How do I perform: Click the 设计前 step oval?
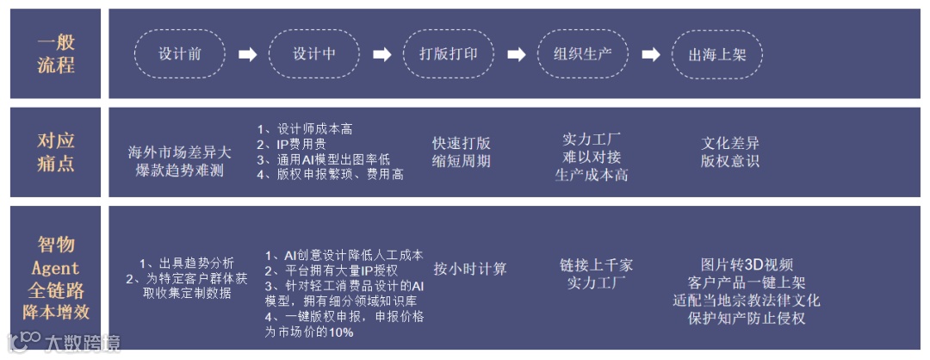[x=179, y=53]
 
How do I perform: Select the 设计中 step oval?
[x=313, y=53]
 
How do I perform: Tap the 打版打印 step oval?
[x=448, y=53]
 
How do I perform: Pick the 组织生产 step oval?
[x=582, y=53]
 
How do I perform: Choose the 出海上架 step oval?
[x=716, y=54]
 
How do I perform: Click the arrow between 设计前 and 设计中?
[x=247, y=54]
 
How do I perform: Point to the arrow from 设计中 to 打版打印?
[x=381, y=54]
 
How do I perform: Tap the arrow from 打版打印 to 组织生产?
[x=516, y=54]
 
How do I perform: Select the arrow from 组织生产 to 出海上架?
[x=650, y=54]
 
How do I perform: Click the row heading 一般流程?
[x=55, y=53]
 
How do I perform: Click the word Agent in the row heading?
[x=55, y=268]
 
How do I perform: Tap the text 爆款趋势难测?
[x=180, y=171]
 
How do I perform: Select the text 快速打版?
[x=461, y=143]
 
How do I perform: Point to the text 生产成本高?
[x=592, y=175]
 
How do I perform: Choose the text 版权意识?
[x=729, y=160]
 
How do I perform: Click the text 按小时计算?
[x=470, y=268]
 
